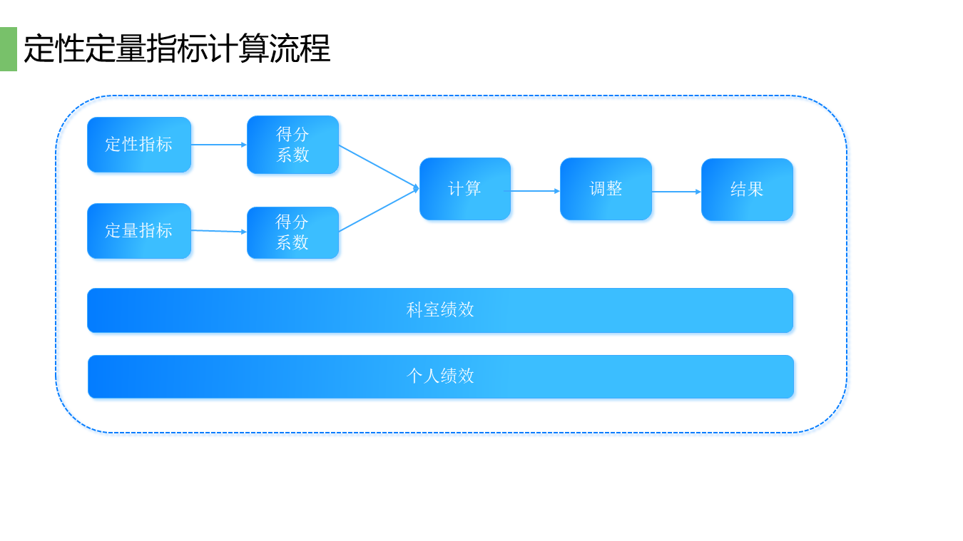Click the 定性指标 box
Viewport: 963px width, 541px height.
139,145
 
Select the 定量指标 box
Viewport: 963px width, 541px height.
139,231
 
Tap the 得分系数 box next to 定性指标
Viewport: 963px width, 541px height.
292,145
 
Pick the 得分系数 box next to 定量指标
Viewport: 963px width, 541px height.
292,232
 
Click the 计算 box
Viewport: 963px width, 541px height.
465,189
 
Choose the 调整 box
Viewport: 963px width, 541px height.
606,189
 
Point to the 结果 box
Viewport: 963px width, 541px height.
747,190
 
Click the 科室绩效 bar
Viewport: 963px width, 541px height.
440,310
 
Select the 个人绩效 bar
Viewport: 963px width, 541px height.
440,376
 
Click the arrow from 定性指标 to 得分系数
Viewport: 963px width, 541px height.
218,145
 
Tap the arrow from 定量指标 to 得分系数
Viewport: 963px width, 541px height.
218,231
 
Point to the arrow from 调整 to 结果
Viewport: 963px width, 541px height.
676,192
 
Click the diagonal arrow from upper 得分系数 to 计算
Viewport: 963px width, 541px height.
378,166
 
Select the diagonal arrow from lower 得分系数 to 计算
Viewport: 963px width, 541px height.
378,211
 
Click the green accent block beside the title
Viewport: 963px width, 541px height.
8,49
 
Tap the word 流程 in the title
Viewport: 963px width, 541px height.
300,49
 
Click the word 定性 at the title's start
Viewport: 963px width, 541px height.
54,49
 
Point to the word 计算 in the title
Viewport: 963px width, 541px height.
238,49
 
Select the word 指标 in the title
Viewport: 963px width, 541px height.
177,49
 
